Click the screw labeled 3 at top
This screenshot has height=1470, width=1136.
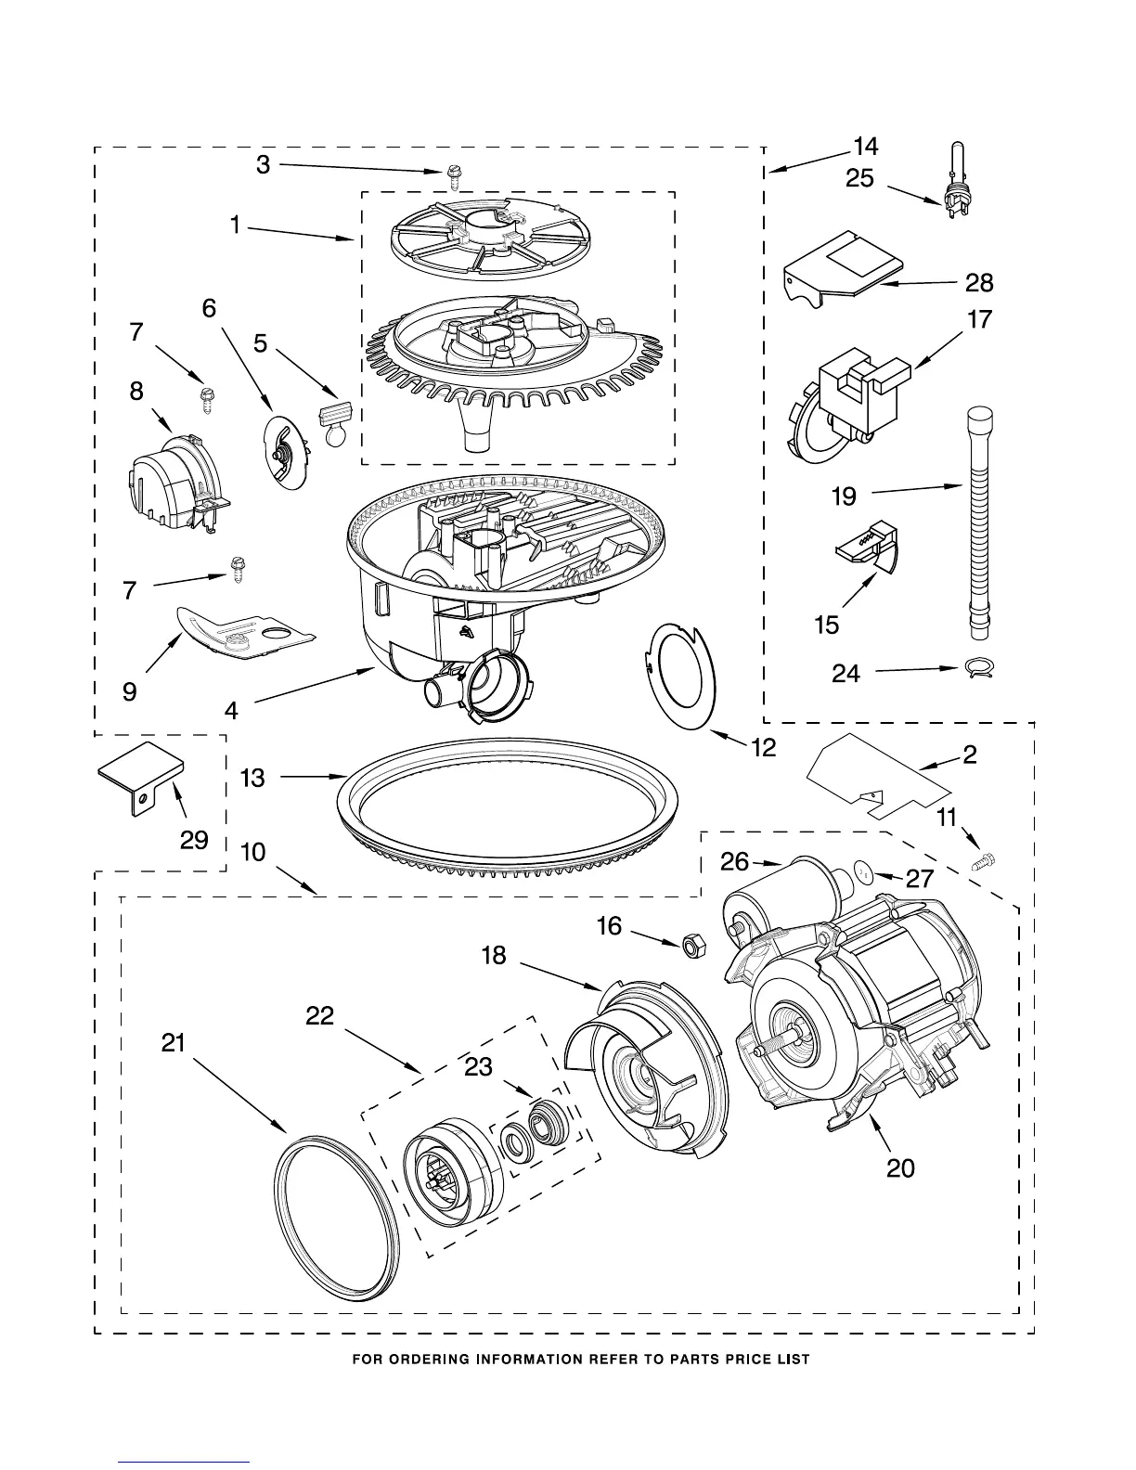455,173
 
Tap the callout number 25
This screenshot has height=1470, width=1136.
859,177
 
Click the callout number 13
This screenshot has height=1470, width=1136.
252,778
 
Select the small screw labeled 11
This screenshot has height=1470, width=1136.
986,860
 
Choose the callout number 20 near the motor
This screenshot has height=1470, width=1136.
900,1167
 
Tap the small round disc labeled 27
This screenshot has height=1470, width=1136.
863,874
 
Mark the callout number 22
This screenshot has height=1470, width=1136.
319,1016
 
